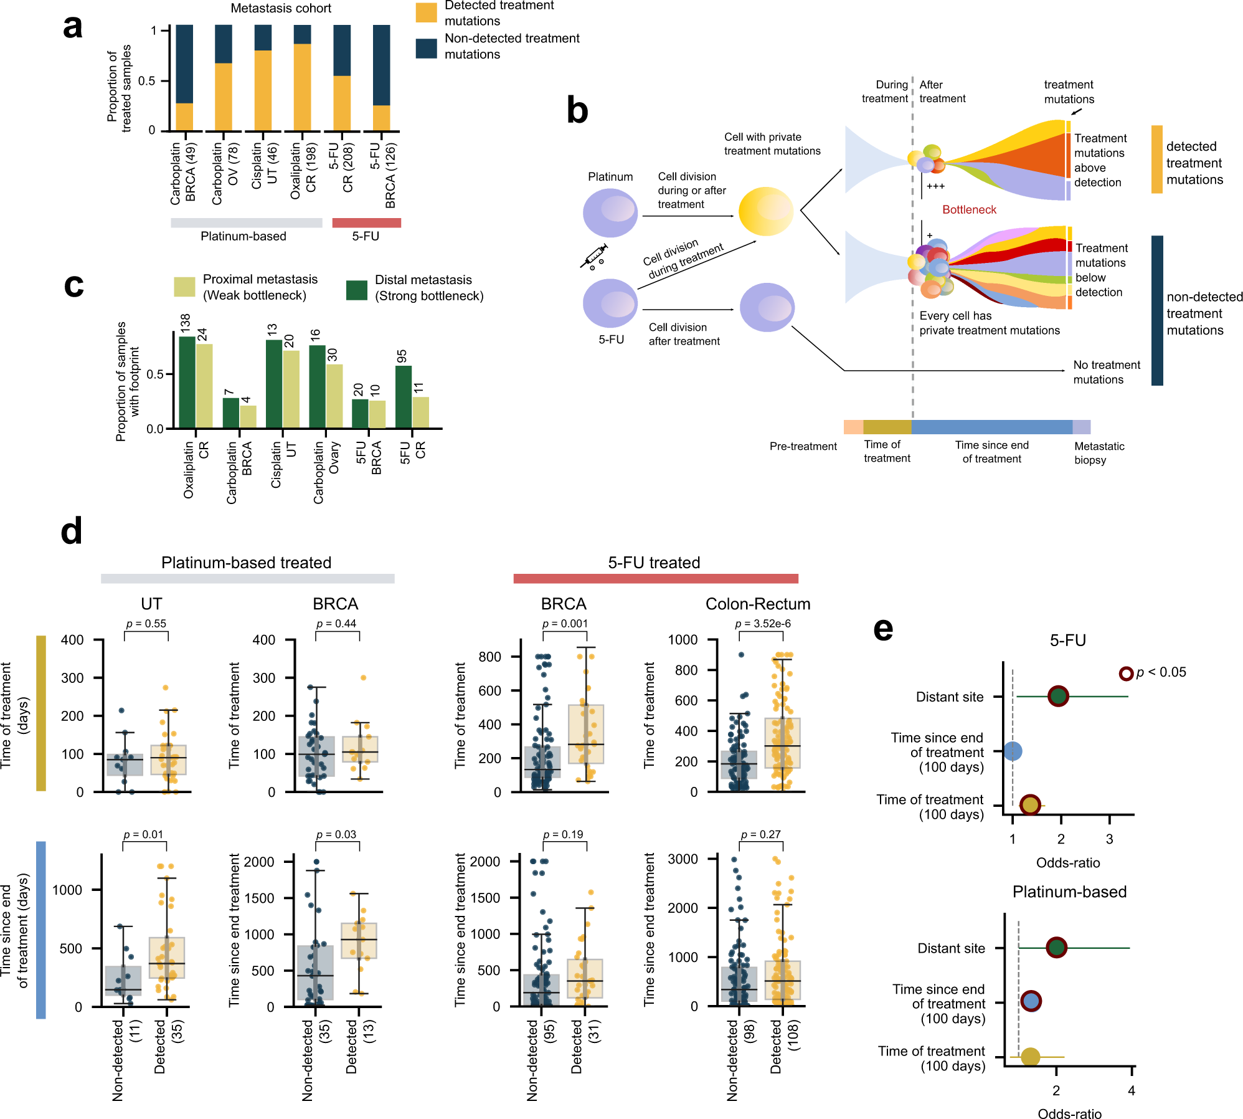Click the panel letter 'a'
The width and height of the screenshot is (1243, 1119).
(x=73, y=27)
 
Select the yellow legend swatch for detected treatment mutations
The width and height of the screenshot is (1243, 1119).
(x=427, y=12)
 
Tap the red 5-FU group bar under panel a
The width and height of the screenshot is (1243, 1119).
(x=366, y=223)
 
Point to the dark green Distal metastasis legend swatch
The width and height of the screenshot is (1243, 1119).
(x=357, y=290)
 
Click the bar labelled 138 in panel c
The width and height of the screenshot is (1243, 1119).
(x=187, y=381)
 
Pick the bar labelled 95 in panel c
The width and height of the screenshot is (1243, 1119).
(x=404, y=396)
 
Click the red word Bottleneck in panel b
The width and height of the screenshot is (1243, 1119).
(x=969, y=210)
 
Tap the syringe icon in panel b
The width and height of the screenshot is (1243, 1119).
(x=593, y=256)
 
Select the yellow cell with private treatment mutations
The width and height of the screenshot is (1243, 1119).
(x=765, y=211)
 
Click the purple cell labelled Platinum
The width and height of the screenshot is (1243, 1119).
(x=610, y=213)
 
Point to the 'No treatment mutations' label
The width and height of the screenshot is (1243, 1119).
(x=1106, y=372)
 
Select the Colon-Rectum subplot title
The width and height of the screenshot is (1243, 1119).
(x=757, y=604)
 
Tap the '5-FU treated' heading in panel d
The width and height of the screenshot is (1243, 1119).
(x=654, y=563)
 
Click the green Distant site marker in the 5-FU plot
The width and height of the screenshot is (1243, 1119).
(x=1058, y=696)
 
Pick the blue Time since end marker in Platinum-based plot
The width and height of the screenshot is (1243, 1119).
(x=1031, y=1001)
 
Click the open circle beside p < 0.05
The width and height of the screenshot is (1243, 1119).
(x=1125, y=674)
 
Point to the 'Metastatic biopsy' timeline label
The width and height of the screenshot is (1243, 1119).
(x=1099, y=453)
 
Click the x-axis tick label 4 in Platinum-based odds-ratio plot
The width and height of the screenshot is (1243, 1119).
(x=1132, y=1090)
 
